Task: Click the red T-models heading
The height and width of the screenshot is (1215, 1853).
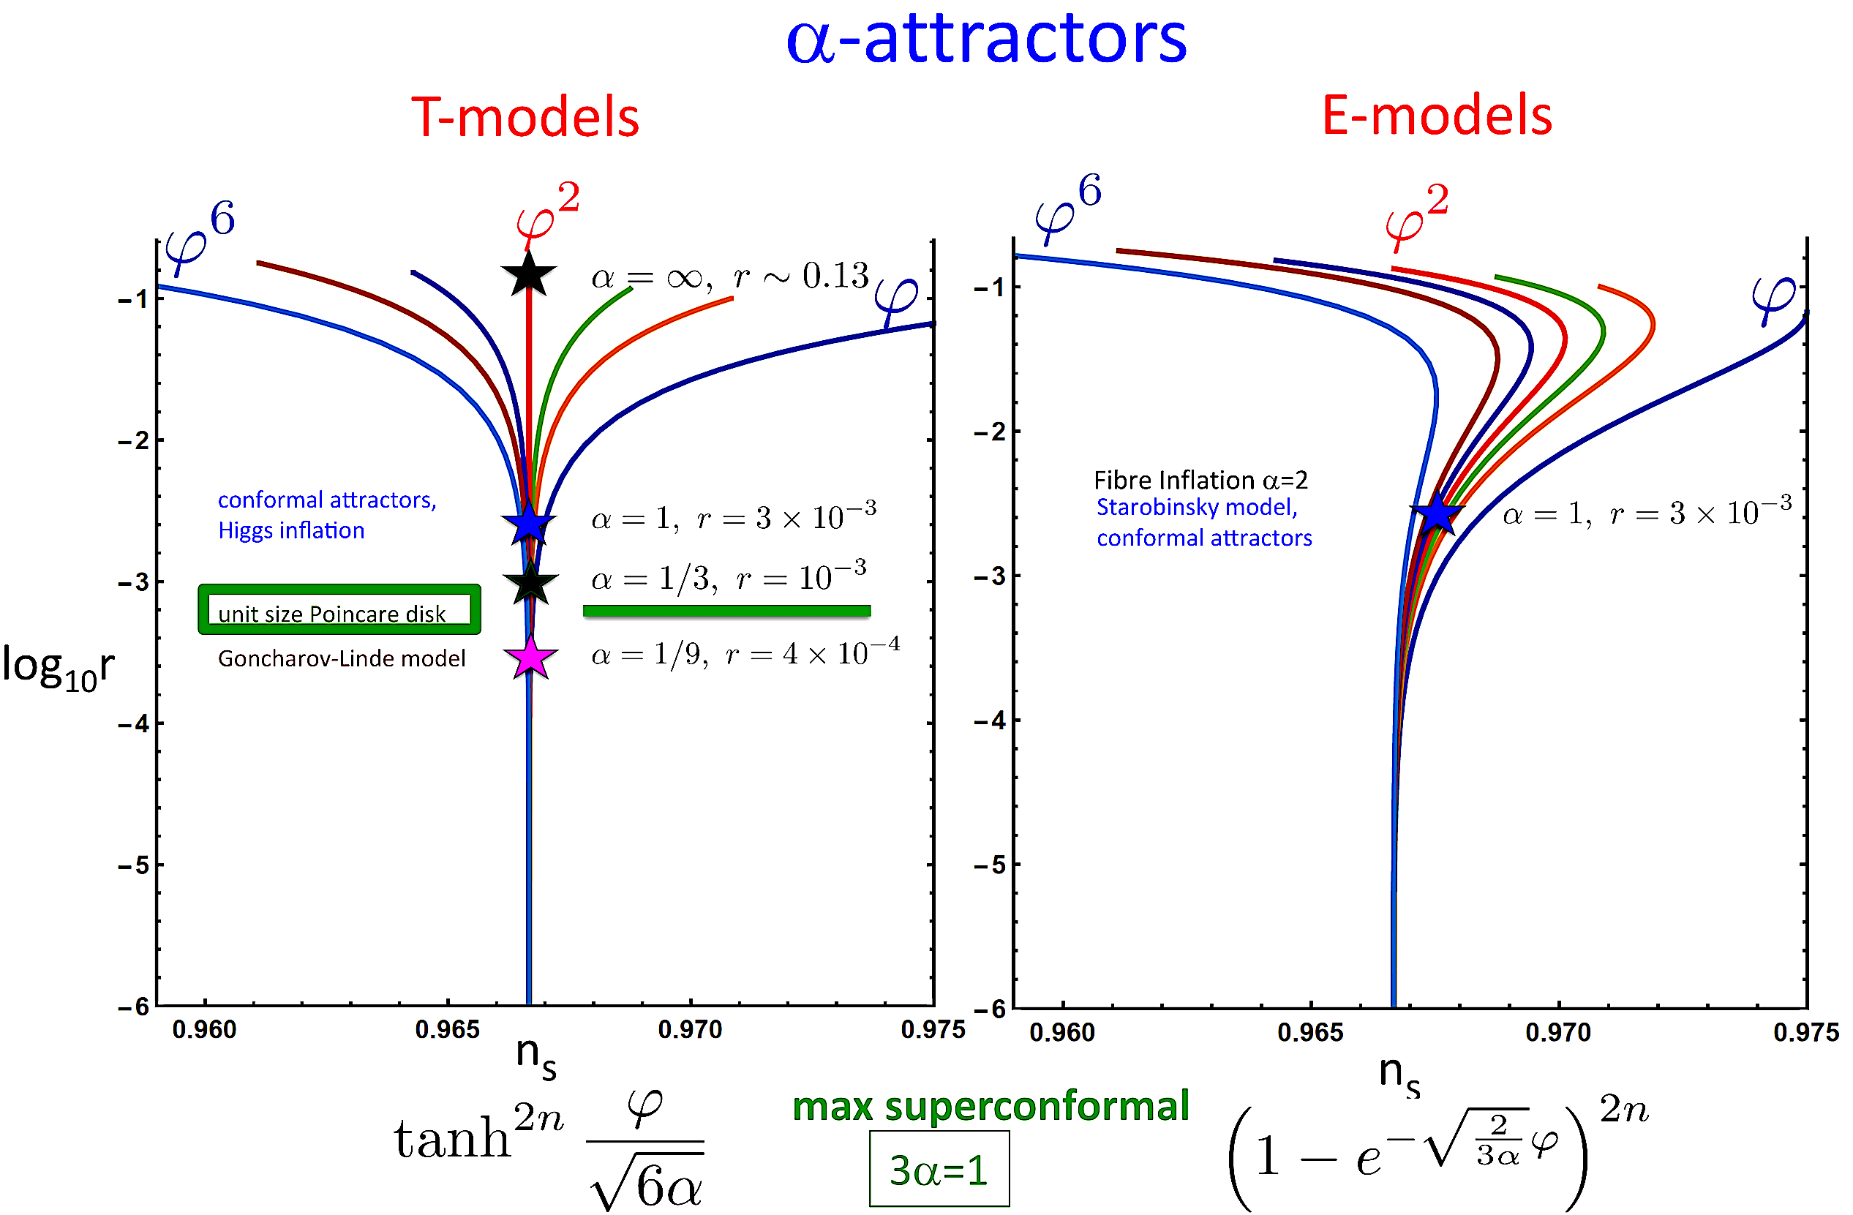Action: point(525,118)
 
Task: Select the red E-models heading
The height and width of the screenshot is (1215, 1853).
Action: point(1437,115)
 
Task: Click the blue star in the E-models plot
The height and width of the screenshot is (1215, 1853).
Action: point(1437,514)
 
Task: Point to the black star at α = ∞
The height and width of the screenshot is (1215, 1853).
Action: point(529,274)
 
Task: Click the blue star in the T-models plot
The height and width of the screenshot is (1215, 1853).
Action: point(529,523)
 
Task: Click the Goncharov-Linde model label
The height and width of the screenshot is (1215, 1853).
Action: point(341,658)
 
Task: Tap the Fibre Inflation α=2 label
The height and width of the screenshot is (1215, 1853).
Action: point(1200,479)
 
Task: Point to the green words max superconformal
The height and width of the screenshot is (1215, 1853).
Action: point(990,1106)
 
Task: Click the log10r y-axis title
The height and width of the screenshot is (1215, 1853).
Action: point(58,667)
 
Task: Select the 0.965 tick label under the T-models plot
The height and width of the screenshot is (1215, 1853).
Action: point(447,1030)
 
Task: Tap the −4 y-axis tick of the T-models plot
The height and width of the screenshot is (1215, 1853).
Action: point(133,724)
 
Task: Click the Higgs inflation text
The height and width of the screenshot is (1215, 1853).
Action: point(291,530)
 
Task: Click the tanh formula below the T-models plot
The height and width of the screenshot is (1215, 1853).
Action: point(549,1152)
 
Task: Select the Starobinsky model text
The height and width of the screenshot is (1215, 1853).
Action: point(1197,507)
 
